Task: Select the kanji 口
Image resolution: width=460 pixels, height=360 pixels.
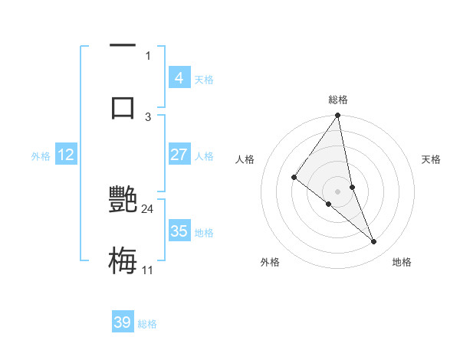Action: (123, 106)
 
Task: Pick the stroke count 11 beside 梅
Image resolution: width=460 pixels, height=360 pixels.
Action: (147, 270)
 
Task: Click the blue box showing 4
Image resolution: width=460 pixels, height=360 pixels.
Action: (179, 78)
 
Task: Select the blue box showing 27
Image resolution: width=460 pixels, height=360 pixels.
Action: (179, 155)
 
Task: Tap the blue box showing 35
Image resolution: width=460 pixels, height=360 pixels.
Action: (179, 231)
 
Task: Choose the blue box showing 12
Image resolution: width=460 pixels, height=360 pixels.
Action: (66, 155)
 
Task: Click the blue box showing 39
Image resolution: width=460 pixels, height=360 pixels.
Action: (122, 322)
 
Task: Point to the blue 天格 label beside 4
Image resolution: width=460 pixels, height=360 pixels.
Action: (203, 79)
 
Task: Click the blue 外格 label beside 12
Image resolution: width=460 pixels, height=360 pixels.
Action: (41, 155)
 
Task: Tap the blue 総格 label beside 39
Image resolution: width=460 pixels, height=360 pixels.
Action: (147, 324)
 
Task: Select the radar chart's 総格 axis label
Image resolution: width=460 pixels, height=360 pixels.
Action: (338, 100)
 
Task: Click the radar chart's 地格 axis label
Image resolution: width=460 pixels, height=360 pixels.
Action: (402, 263)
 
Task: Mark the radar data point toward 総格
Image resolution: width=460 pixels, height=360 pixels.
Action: (338, 116)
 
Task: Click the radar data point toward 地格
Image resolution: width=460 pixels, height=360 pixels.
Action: (374, 242)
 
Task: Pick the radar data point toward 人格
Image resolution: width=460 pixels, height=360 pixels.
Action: (294, 178)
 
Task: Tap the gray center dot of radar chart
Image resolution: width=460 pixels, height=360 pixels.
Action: (338, 191)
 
